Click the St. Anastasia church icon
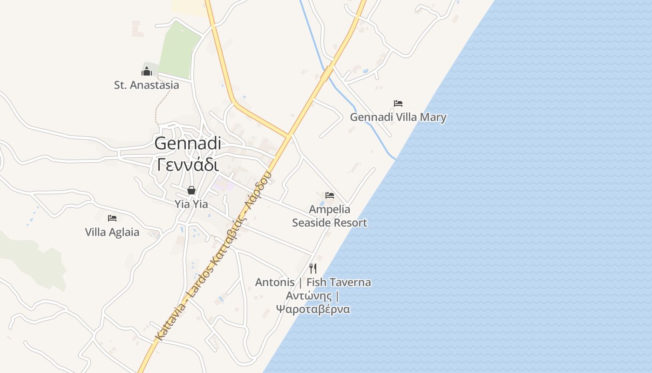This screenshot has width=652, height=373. coord(147,71)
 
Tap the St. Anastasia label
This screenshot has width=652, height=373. coord(146,85)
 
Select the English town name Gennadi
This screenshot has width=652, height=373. coord(188,143)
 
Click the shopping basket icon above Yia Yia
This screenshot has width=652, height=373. coord(191,190)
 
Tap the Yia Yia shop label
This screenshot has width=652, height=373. coord(191,204)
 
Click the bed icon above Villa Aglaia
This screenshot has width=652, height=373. coord(112,218)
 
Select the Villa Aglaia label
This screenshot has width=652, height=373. coord(112,232)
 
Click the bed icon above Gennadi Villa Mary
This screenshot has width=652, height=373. coord(398,104)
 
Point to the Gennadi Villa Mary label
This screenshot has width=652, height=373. coord(398,117)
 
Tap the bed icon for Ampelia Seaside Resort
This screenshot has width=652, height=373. coord(330,195)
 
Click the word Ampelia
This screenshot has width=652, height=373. coord(330,209)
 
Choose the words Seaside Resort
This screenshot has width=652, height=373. coord(330,222)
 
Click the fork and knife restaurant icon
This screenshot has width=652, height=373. coord(313,268)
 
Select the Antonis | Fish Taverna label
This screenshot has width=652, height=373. coord(313,282)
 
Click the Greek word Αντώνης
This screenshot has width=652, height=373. coord(309,296)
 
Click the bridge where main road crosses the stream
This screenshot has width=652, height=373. coord(327,73)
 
